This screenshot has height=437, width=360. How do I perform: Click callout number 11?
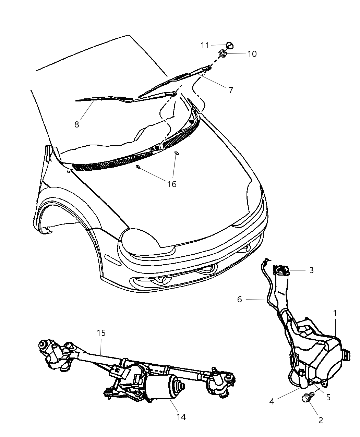point(205,45)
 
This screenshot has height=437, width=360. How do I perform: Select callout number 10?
point(252,54)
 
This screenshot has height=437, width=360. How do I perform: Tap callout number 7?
point(231,90)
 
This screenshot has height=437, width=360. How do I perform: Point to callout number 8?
point(77,124)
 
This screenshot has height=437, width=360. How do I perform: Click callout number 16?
point(172,184)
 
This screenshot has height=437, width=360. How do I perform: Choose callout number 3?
point(311,270)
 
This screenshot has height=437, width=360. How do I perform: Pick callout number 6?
point(239,299)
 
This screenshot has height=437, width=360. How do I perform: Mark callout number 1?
point(335,313)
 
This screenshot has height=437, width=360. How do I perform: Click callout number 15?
point(101,333)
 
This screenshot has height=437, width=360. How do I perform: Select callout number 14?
point(181,417)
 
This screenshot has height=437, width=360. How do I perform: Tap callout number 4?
point(272,401)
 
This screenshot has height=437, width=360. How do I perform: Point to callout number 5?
point(328,398)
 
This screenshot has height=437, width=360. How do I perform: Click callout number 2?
point(321,420)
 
